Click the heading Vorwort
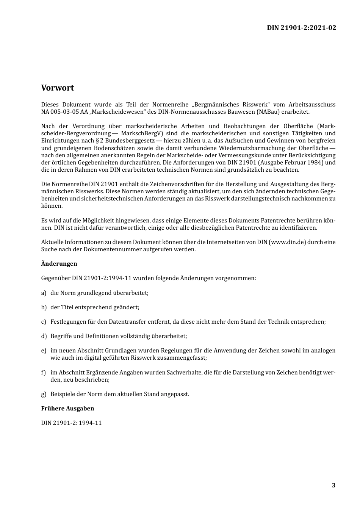(58, 88)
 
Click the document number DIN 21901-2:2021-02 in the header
(301, 28)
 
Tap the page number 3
(333, 486)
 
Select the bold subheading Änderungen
(59, 264)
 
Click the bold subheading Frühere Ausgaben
(67, 409)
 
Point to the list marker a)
(44, 293)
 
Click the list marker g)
(44, 394)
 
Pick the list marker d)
(44, 336)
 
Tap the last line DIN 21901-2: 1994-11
(71, 423)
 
